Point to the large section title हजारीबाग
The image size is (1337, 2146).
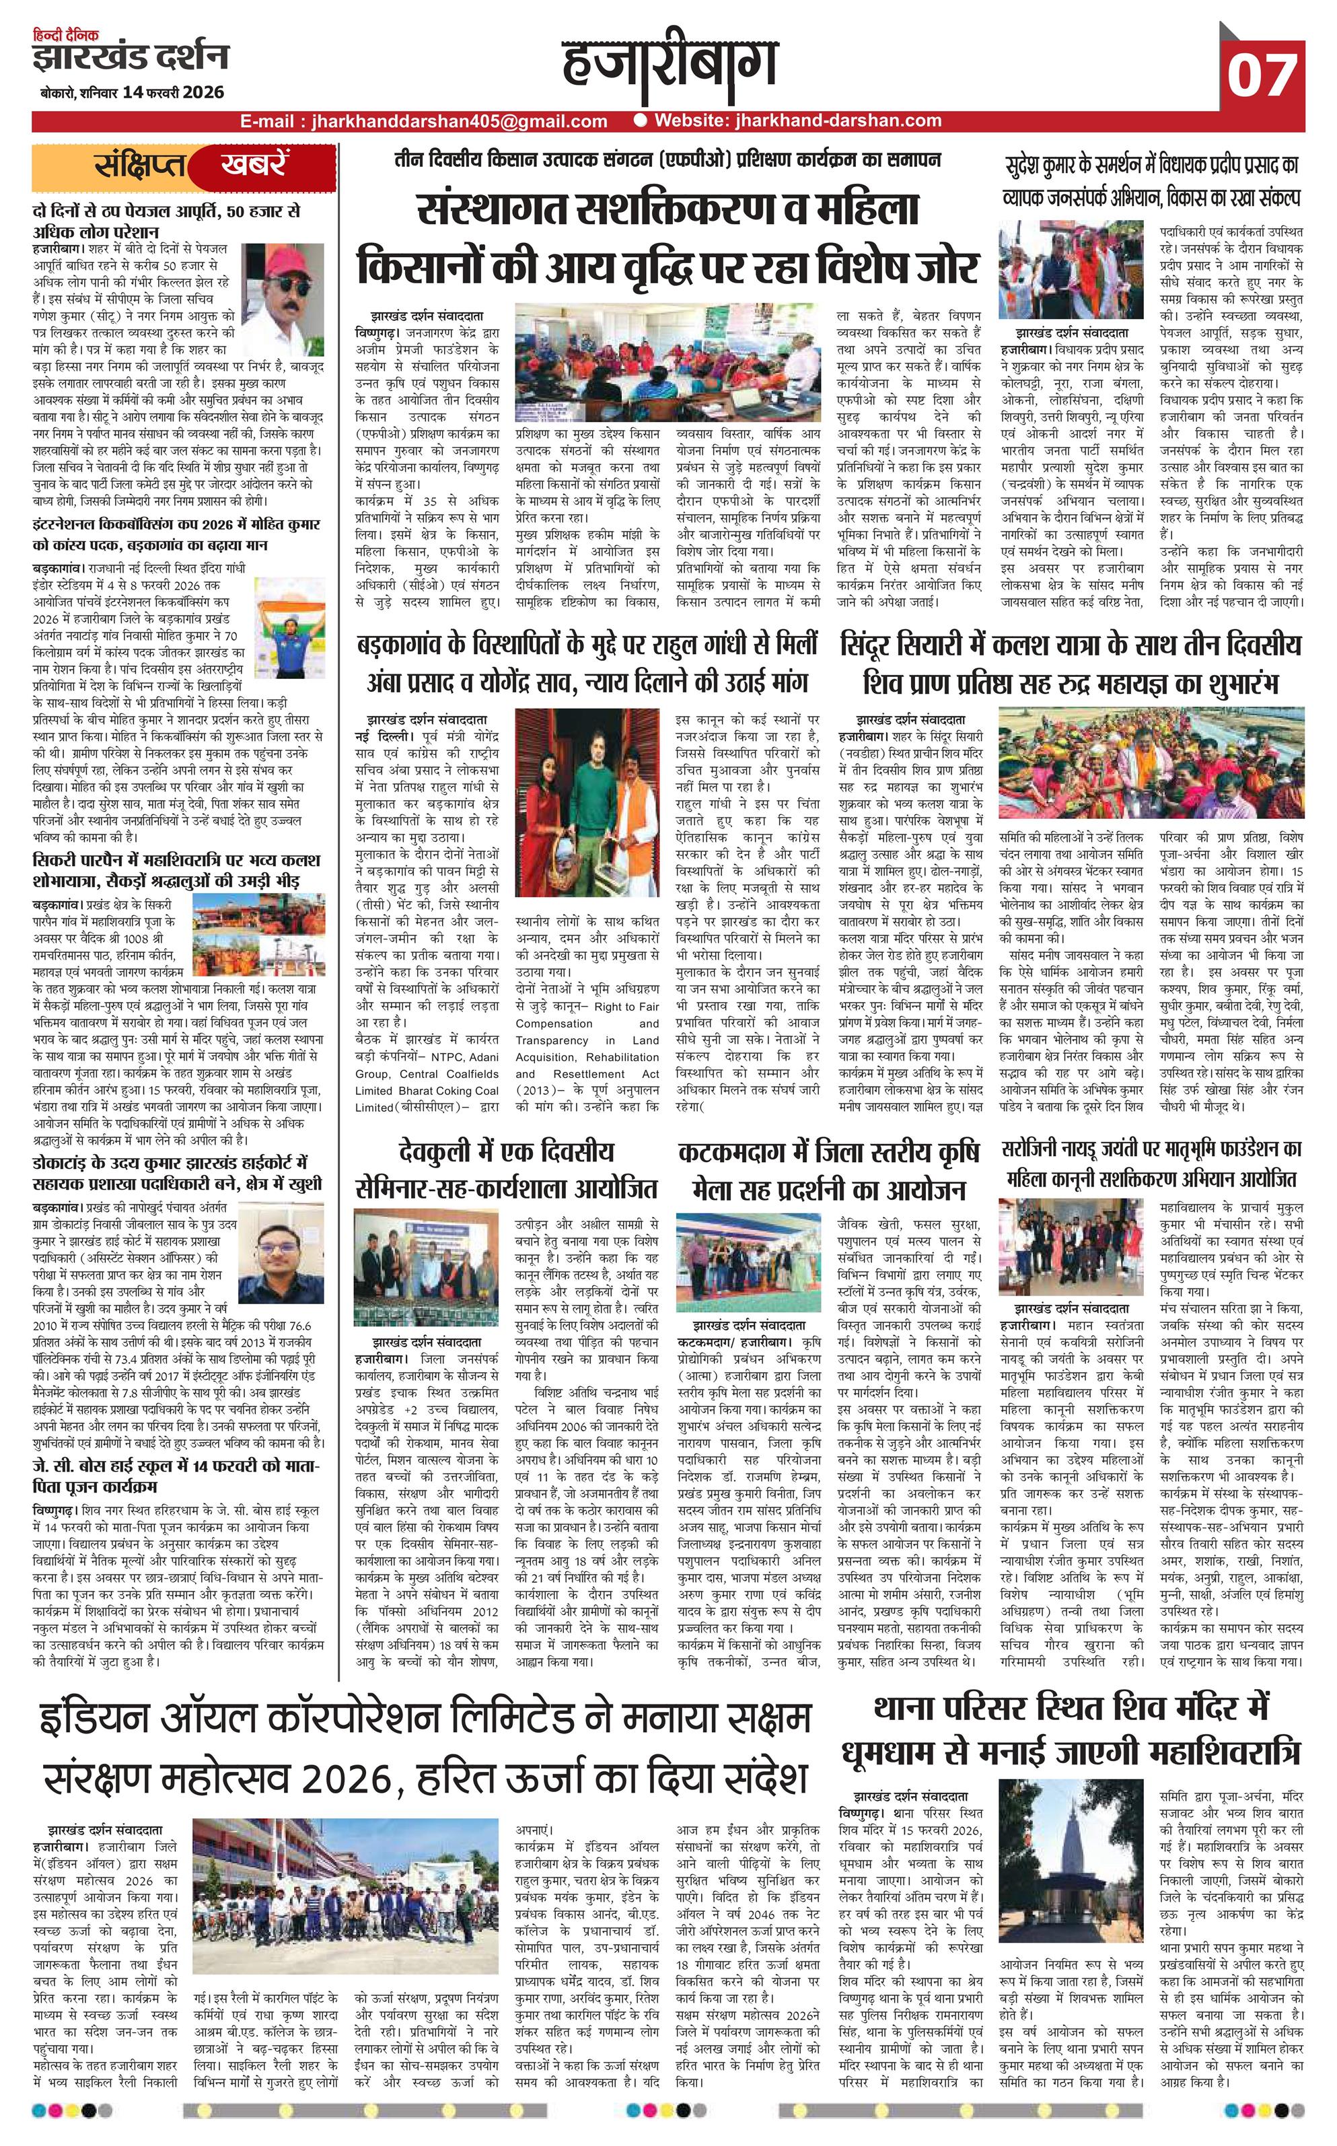point(669,67)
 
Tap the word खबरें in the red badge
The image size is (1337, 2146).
point(254,164)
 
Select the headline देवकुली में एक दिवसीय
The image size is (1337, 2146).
point(507,1152)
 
